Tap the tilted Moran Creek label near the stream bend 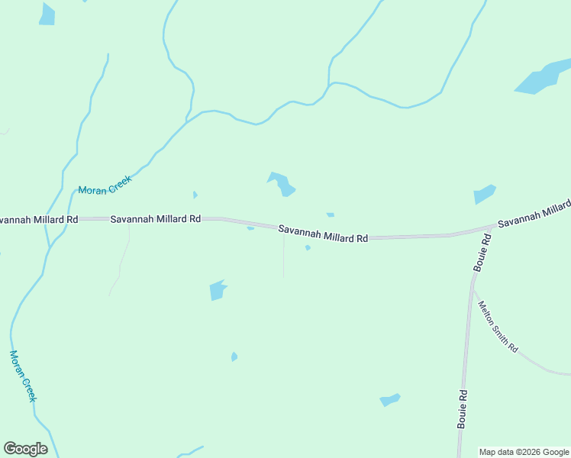(x=105, y=185)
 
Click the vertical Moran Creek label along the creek (x=23, y=376)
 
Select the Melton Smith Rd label (x=498, y=327)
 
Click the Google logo (x=25, y=449)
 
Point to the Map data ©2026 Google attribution (x=524, y=452)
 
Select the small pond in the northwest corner (x=47, y=15)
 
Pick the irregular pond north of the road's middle (x=282, y=184)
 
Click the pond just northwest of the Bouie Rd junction (x=484, y=194)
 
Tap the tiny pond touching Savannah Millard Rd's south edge (x=250, y=227)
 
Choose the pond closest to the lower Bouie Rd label (x=390, y=399)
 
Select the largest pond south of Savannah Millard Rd (x=218, y=290)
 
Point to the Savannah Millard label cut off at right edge (x=534, y=214)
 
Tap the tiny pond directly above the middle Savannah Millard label (x=331, y=215)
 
